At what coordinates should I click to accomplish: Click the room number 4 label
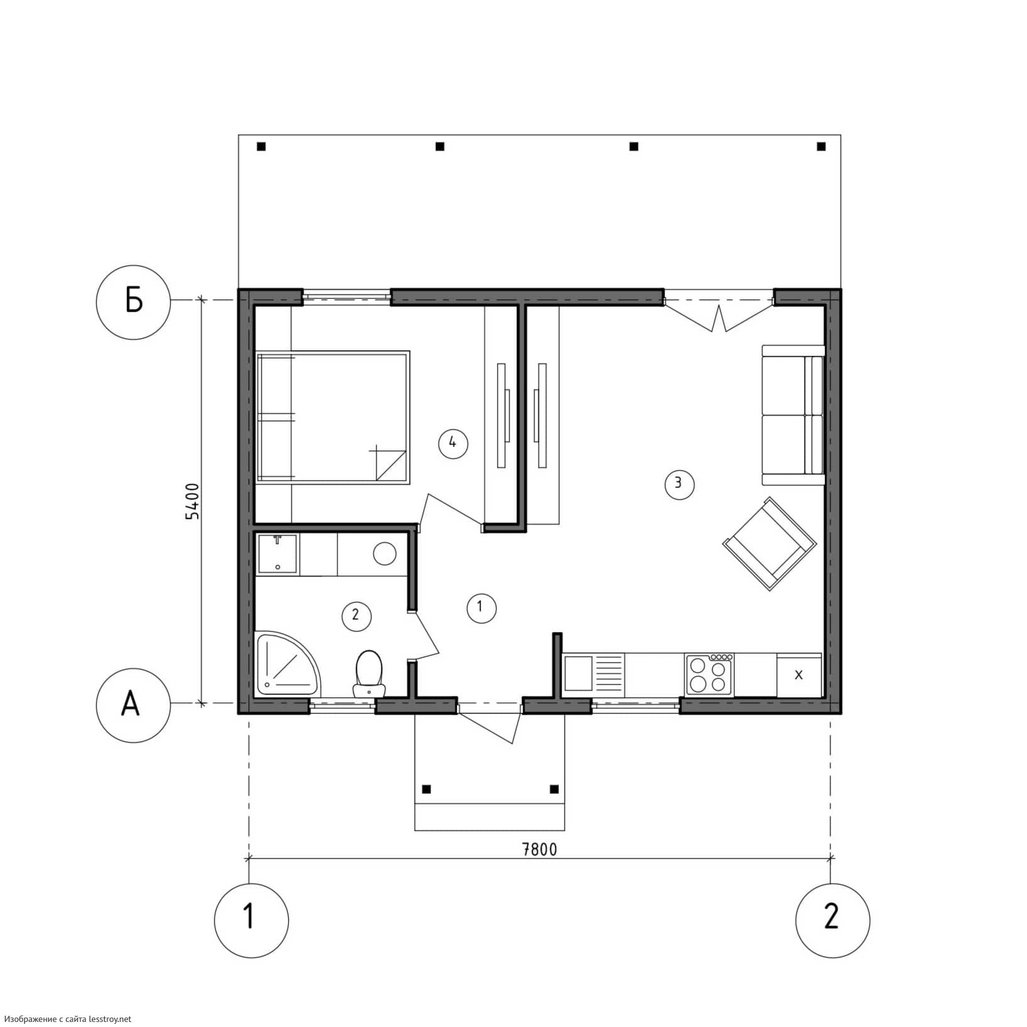(453, 443)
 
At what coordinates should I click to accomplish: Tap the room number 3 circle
(679, 484)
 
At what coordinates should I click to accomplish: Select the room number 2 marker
(356, 615)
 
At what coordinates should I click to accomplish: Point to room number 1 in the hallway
(481, 607)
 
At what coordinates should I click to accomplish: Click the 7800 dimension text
(540, 850)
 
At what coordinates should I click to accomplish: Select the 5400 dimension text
(192, 501)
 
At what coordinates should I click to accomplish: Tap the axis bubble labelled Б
(133, 302)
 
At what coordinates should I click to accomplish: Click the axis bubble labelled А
(133, 705)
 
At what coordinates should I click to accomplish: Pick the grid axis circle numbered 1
(251, 920)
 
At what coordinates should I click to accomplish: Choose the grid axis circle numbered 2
(832, 920)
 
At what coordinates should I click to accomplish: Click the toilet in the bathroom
(368, 674)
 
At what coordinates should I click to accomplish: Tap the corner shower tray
(287, 664)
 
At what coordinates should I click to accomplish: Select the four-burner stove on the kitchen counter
(710, 675)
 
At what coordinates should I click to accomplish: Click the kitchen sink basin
(579, 674)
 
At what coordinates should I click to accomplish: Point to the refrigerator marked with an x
(799, 675)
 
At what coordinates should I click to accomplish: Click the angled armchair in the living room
(770, 544)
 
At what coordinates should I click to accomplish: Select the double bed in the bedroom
(333, 417)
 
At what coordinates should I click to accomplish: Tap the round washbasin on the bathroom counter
(384, 554)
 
